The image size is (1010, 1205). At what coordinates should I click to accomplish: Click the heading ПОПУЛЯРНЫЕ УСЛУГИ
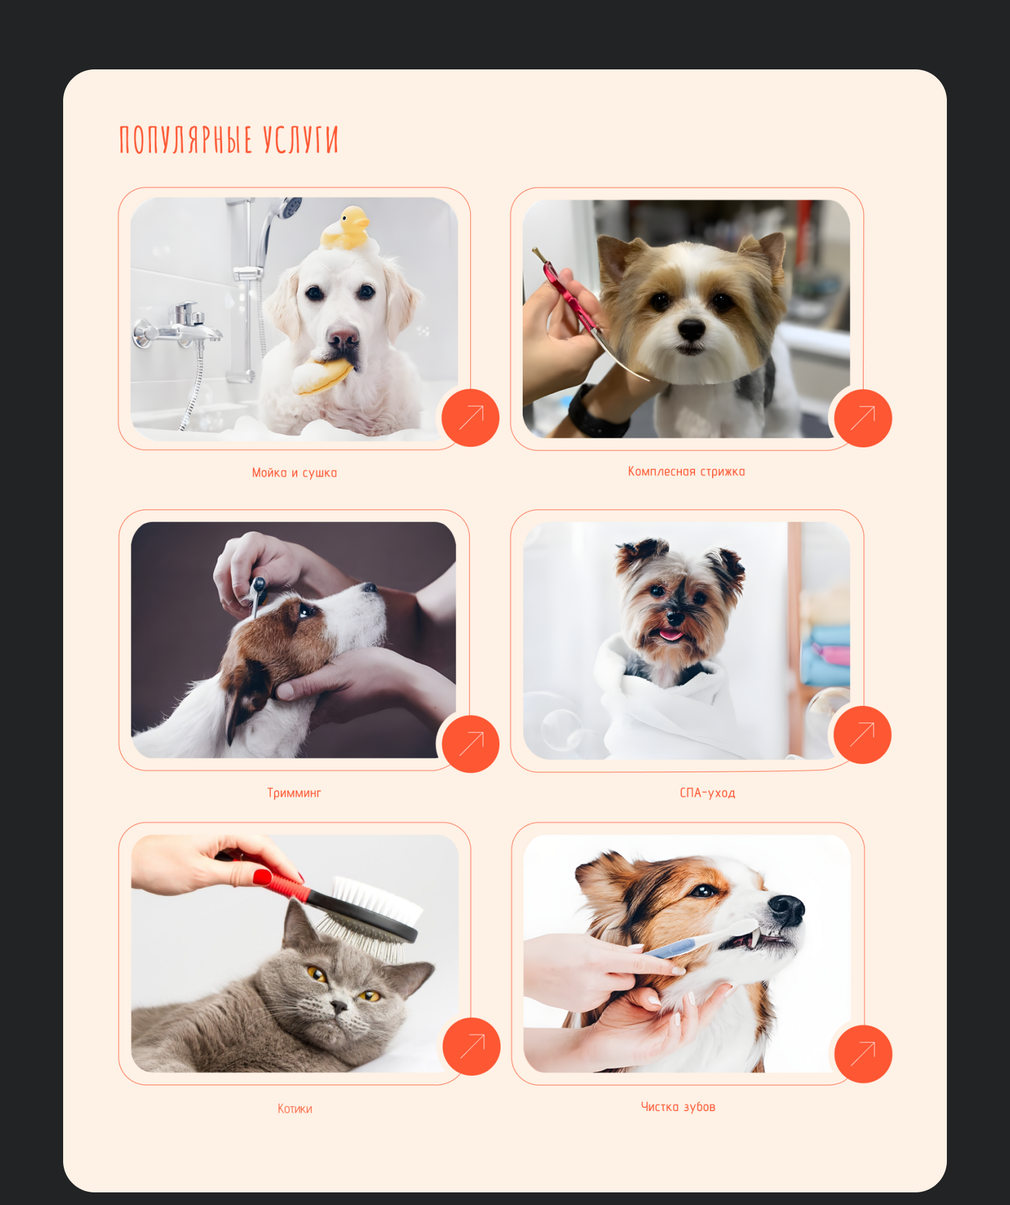229,139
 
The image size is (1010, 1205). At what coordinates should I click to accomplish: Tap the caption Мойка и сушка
294,473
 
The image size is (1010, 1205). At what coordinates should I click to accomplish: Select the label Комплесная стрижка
686,471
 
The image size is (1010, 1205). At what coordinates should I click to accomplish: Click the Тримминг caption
294,792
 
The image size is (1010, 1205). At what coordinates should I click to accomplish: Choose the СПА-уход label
708,792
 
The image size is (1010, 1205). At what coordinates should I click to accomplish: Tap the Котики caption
295,1108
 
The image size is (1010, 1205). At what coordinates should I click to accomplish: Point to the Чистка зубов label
678,1107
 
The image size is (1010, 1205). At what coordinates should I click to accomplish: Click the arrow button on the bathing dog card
470,418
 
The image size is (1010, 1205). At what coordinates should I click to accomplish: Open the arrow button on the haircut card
863,418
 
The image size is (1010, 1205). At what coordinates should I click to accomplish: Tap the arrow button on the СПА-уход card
862,734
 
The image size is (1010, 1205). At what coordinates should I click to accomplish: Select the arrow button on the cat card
472,1046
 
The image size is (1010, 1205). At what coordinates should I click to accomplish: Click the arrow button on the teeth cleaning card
863,1054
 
